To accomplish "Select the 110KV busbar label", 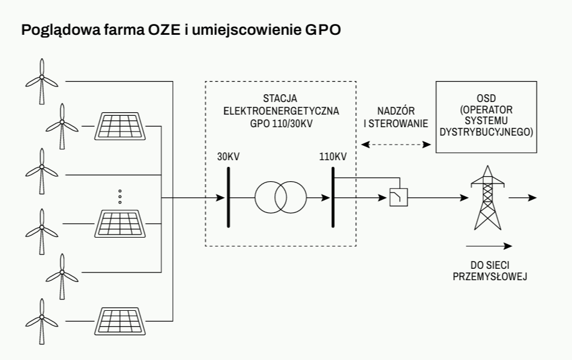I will (333, 157).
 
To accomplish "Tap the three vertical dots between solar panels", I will (120, 196).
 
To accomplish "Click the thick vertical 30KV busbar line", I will (229, 197).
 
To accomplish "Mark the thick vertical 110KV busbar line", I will (333, 197).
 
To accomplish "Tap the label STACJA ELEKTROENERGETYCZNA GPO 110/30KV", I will (280, 110).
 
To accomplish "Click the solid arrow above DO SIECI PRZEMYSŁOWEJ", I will (489, 245).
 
